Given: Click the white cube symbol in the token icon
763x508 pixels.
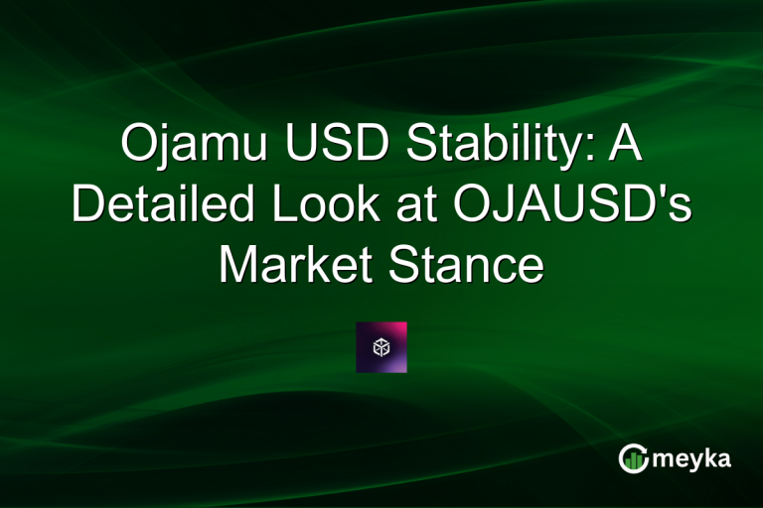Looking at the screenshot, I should tap(381, 347).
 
